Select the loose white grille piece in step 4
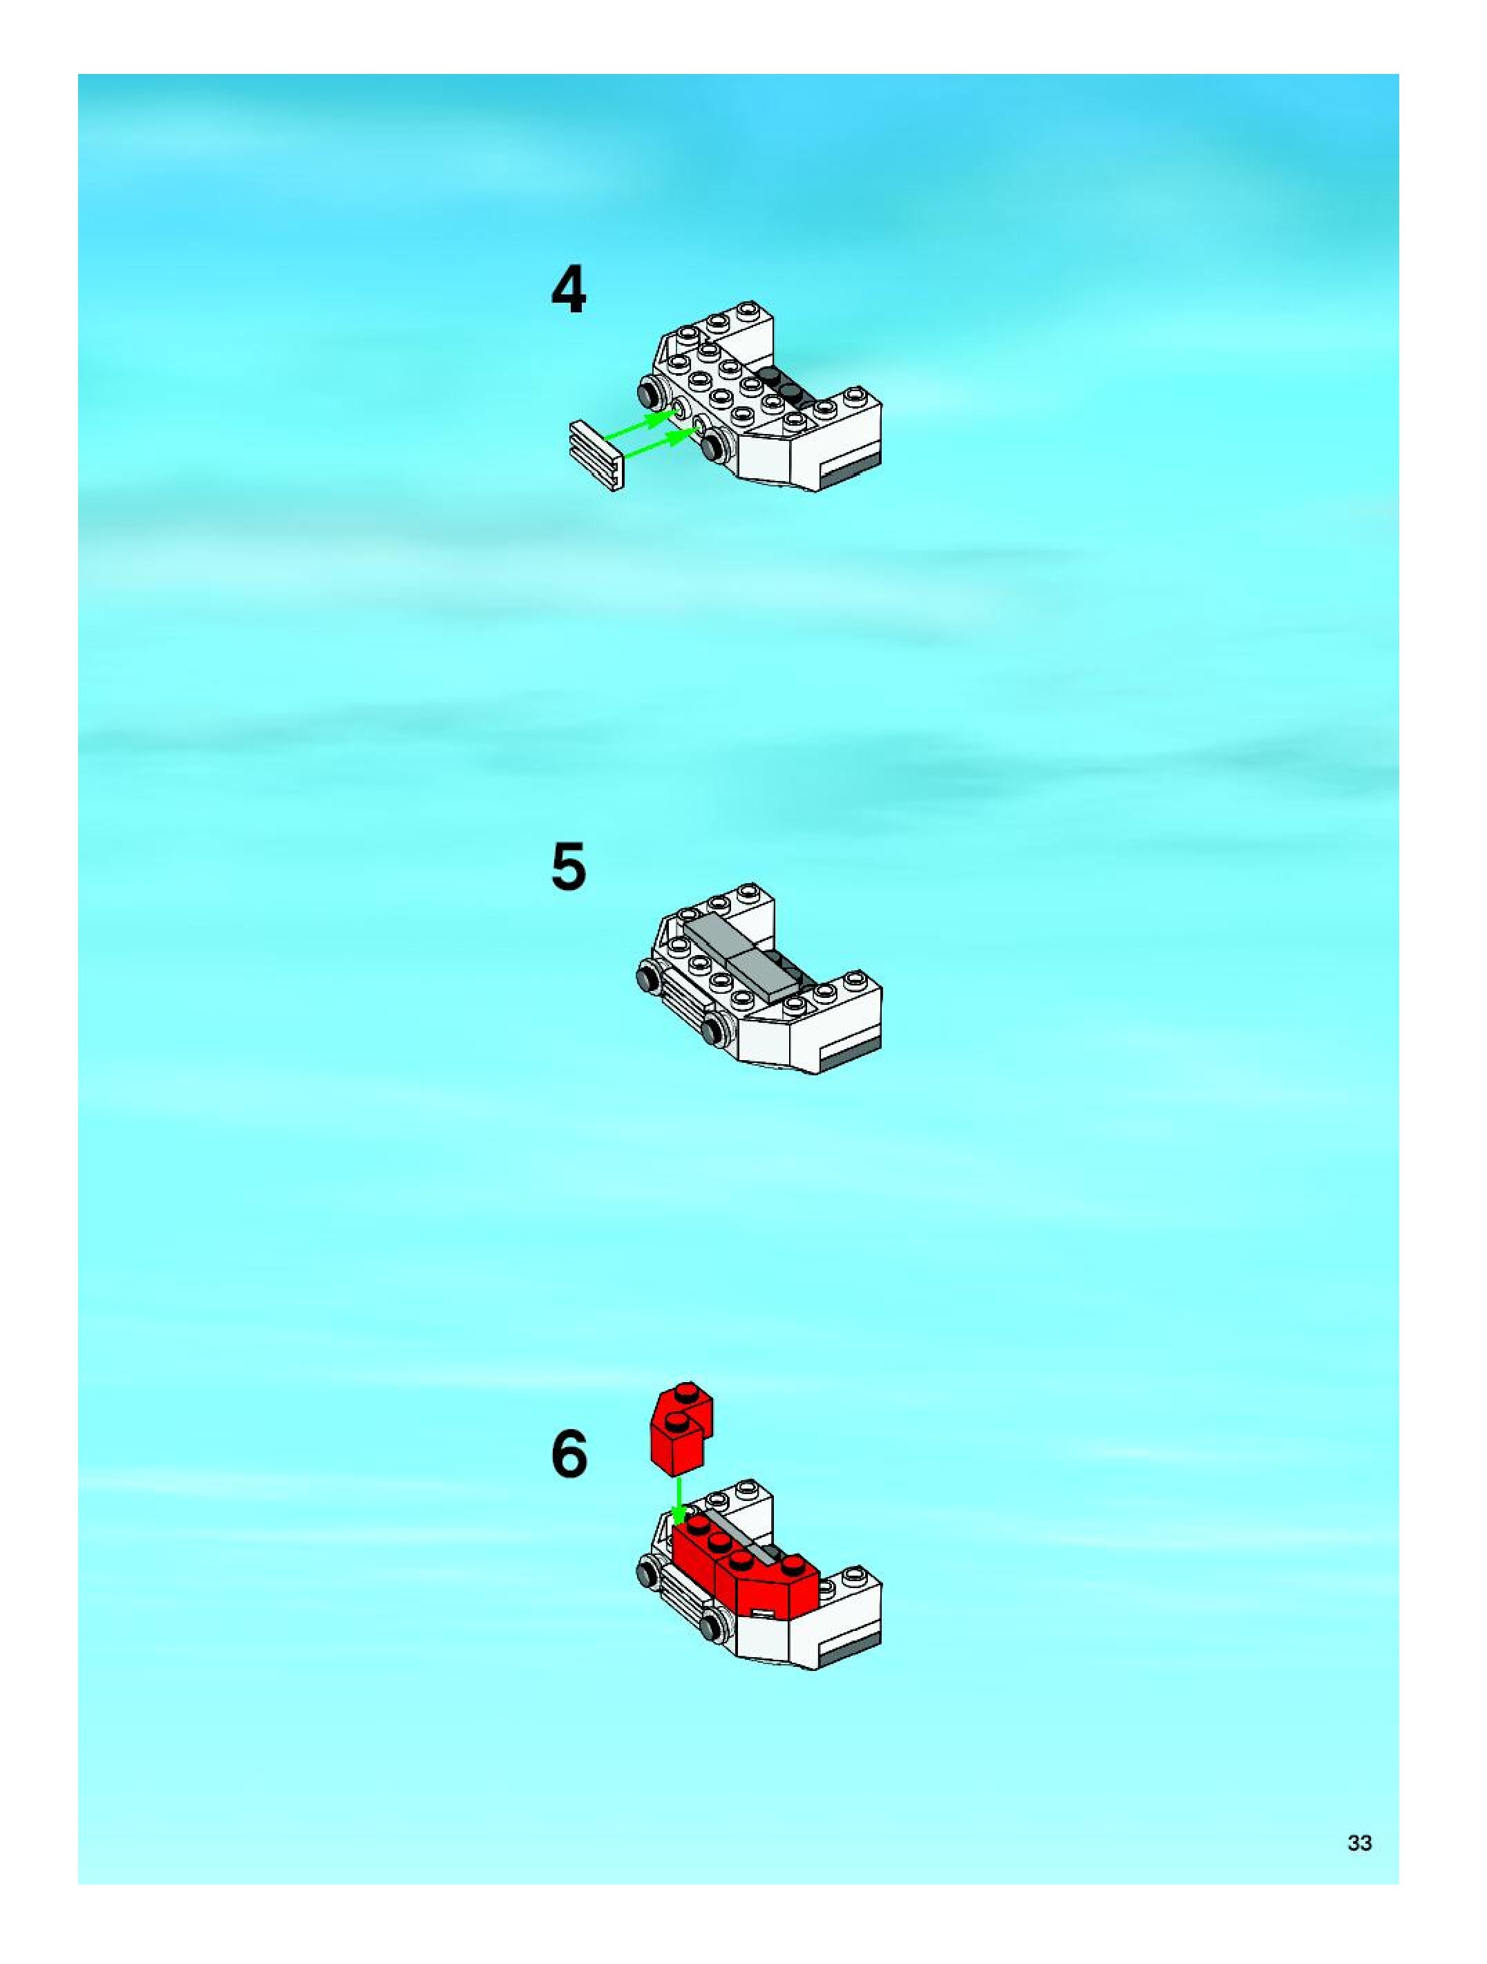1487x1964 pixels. click(596, 455)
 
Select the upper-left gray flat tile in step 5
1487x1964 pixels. click(717, 936)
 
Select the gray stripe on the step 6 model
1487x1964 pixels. click(851, 1649)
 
